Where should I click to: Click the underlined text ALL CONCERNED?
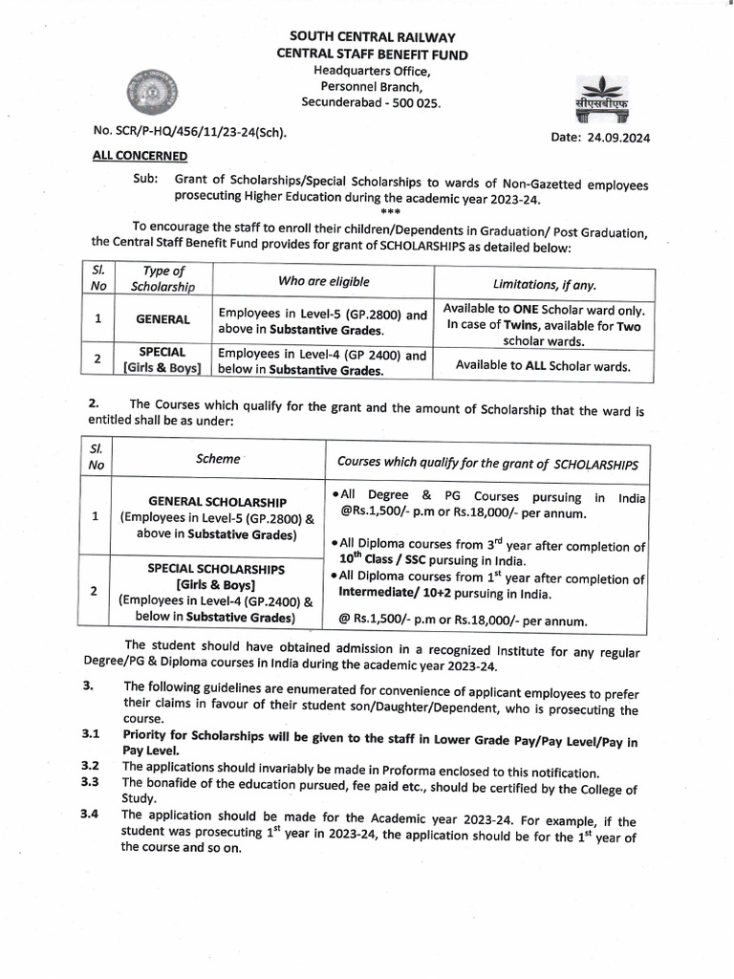pos(140,155)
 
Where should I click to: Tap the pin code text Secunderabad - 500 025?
pos(372,102)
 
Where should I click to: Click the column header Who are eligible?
pos(322,281)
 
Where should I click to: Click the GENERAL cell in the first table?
pos(162,319)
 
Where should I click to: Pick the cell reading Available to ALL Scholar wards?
pos(543,364)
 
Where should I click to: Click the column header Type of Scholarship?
pos(162,279)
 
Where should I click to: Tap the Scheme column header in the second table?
pos(218,459)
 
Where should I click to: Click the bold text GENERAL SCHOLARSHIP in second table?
pos(217,501)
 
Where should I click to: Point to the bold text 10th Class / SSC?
pos(387,560)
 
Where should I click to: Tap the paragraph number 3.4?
pos(91,815)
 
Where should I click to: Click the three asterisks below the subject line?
pos(390,210)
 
